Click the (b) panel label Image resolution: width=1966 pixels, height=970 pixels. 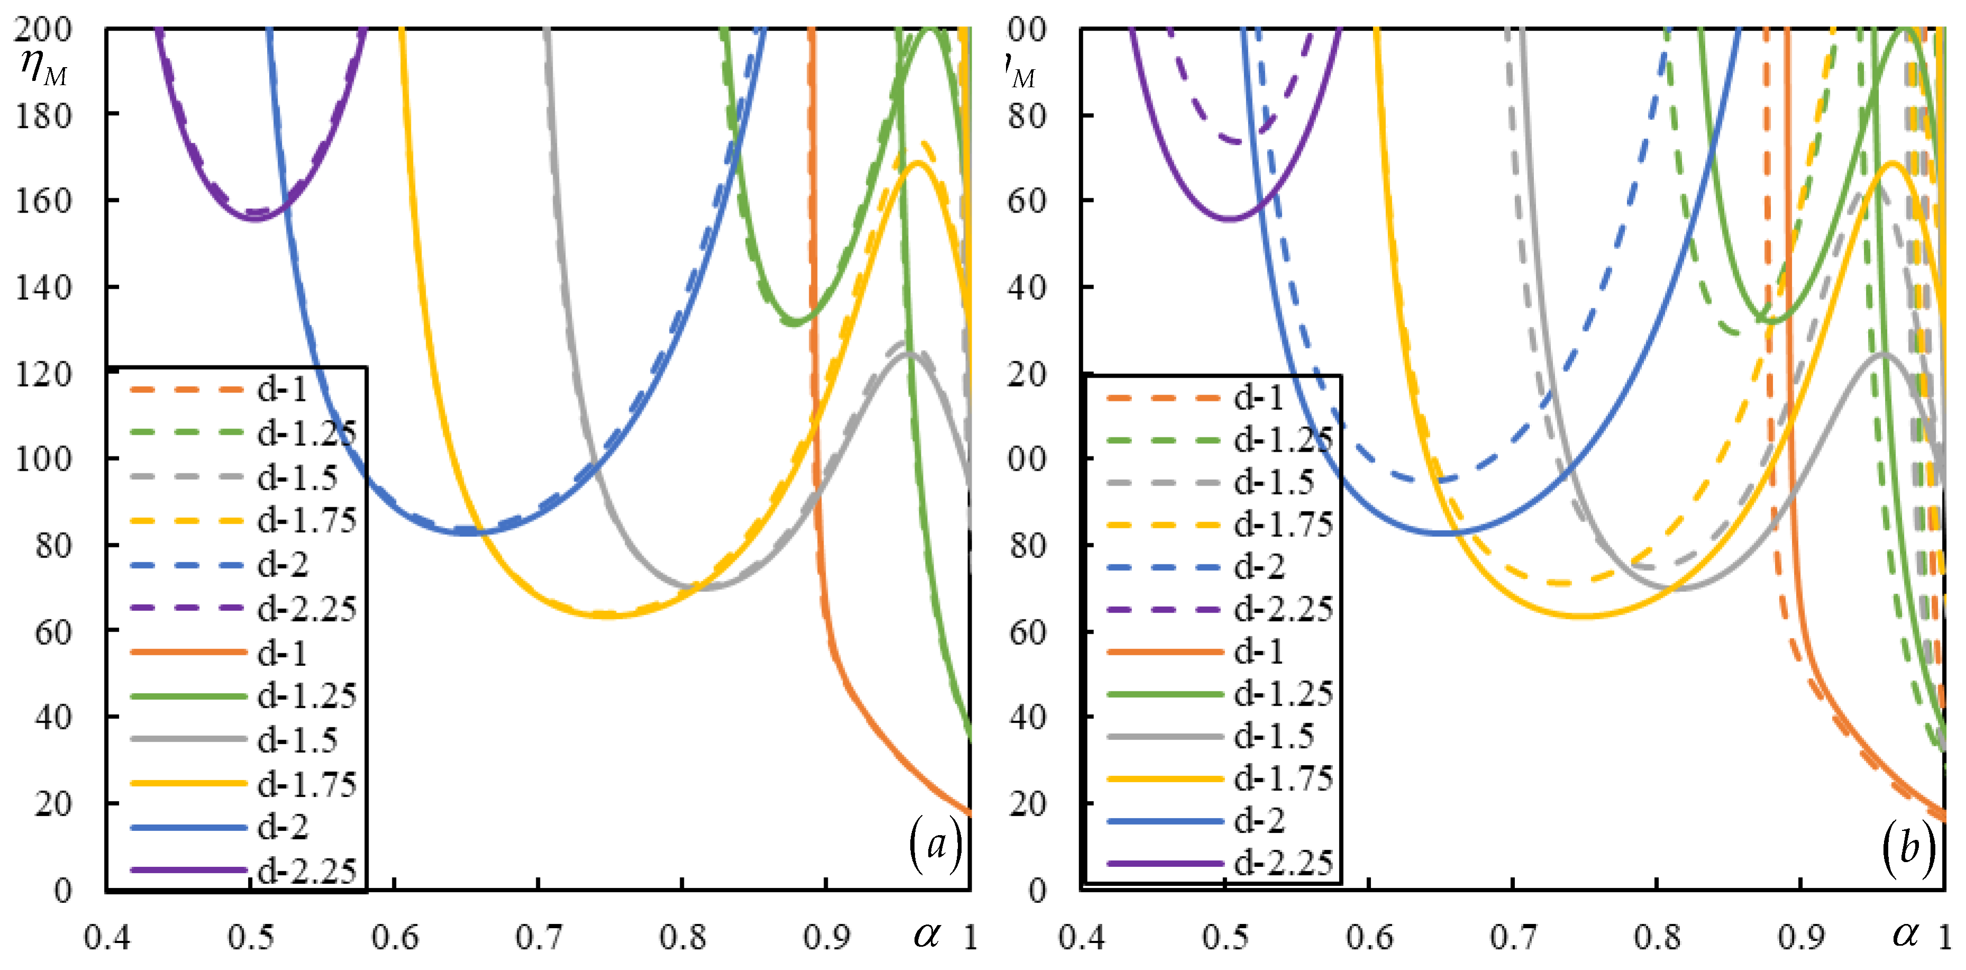[1908, 847]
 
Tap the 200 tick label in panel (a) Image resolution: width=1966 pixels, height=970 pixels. [43, 29]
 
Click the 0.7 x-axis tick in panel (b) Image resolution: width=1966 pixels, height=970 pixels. [1513, 937]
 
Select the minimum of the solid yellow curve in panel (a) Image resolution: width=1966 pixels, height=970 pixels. [607, 615]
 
